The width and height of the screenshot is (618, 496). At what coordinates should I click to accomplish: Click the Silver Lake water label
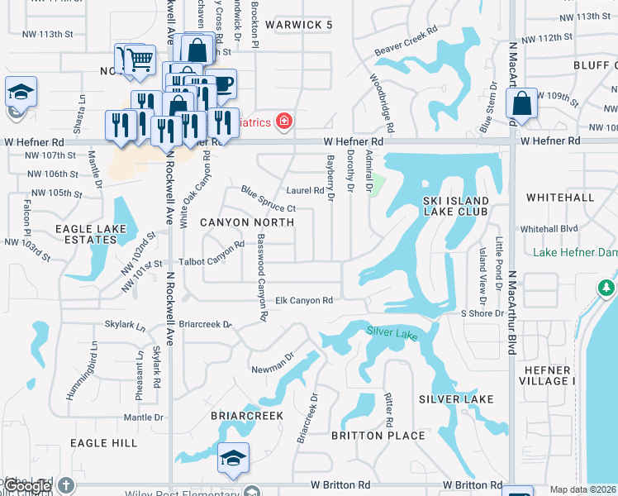pyautogui.click(x=392, y=331)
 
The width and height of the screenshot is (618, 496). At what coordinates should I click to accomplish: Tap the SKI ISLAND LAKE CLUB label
pyautogui.click(x=455, y=206)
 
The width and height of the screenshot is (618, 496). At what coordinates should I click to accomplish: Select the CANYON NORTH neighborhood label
pyautogui.click(x=247, y=222)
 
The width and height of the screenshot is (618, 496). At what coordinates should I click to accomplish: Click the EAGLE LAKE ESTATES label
pyautogui.click(x=91, y=234)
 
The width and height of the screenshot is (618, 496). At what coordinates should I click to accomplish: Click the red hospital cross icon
pyautogui.click(x=284, y=122)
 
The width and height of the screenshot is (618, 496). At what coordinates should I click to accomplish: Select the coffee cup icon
pyautogui.click(x=221, y=83)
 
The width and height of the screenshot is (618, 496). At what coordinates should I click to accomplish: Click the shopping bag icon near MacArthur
pyautogui.click(x=521, y=104)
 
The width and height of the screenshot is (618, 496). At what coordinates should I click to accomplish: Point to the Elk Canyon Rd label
pyautogui.click(x=303, y=301)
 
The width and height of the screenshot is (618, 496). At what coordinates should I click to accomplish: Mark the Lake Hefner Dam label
pyautogui.click(x=575, y=252)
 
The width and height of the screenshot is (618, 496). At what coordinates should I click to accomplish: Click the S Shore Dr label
pyautogui.click(x=483, y=314)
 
